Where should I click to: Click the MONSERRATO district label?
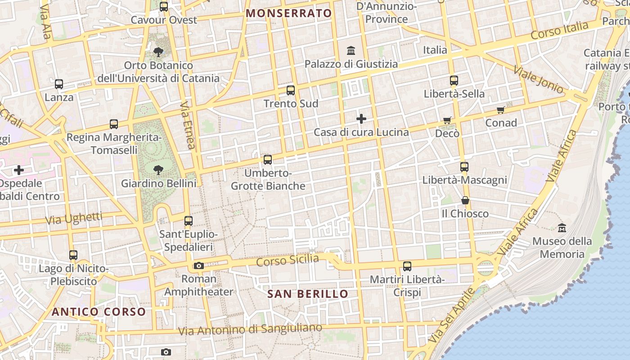[289, 13]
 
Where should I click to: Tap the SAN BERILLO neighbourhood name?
[308, 294]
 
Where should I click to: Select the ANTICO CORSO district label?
[99, 312]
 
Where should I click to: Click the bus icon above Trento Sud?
[291, 90]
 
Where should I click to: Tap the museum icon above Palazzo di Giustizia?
[351, 50]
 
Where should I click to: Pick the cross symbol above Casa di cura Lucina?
[361, 119]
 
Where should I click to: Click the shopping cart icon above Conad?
[501, 110]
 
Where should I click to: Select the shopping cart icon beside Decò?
[447, 120]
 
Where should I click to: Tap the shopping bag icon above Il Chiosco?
[465, 200]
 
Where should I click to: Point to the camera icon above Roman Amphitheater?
[199, 266]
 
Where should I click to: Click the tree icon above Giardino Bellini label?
[158, 170]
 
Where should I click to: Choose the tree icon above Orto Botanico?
[158, 52]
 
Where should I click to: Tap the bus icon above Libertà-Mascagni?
[464, 167]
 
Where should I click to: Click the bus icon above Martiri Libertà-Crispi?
[407, 266]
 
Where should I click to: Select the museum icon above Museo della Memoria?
[562, 228]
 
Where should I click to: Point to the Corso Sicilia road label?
[288, 260]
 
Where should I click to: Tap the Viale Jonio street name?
[538, 80]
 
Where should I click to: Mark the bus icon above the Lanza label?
[59, 84]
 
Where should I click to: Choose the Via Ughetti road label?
[74, 219]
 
